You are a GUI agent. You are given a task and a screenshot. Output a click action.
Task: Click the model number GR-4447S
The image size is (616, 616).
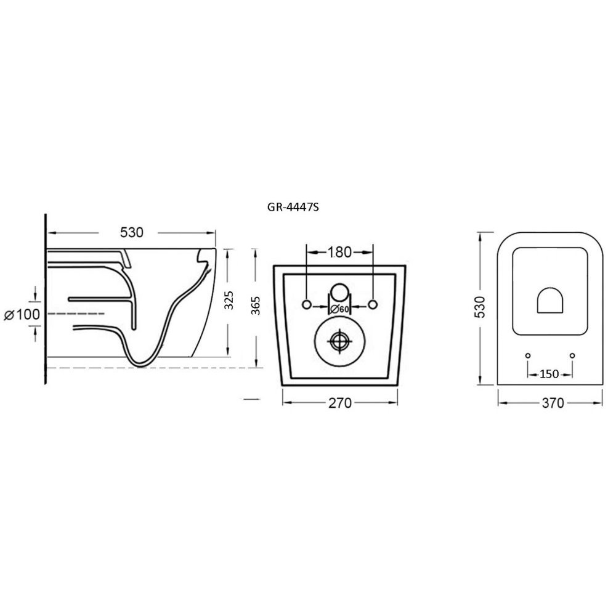click(x=293, y=207)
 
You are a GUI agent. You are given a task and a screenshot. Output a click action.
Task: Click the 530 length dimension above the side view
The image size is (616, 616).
click(x=132, y=233)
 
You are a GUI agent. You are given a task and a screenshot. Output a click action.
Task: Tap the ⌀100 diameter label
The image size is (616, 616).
click(x=22, y=314)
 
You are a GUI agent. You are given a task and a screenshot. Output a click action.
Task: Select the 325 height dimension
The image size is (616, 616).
click(x=229, y=301)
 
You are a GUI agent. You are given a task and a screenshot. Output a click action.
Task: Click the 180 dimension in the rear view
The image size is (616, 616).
click(x=340, y=252)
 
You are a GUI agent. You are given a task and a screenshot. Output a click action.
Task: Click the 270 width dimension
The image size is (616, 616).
click(x=340, y=403)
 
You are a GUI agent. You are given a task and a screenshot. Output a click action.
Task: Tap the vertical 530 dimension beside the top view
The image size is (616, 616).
click(x=480, y=307)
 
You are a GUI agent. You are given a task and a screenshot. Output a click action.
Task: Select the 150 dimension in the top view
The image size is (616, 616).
click(x=549, y=374)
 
